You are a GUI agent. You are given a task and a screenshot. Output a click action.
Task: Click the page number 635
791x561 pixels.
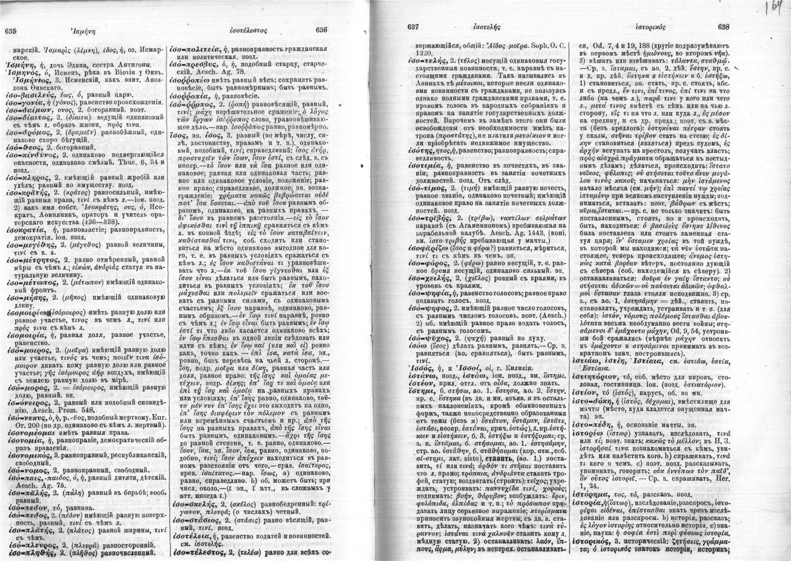[11, 31]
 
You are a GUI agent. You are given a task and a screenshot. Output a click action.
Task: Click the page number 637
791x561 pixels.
[414, 26]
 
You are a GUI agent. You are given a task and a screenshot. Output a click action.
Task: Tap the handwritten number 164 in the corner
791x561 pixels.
[776, 8]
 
